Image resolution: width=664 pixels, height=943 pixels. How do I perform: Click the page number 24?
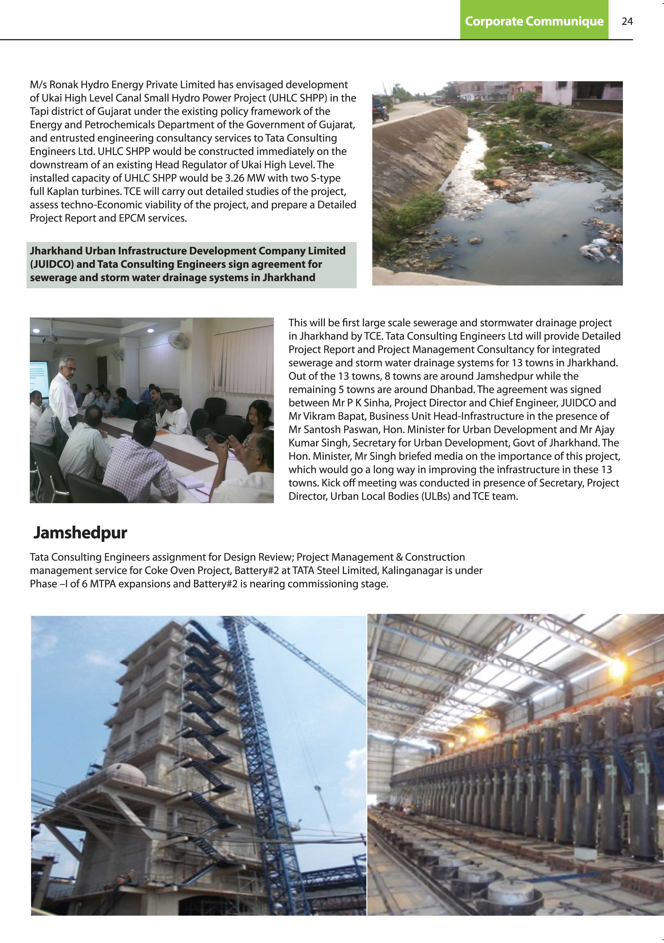[627, 21]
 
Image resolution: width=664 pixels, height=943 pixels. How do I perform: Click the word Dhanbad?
[452, 389]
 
